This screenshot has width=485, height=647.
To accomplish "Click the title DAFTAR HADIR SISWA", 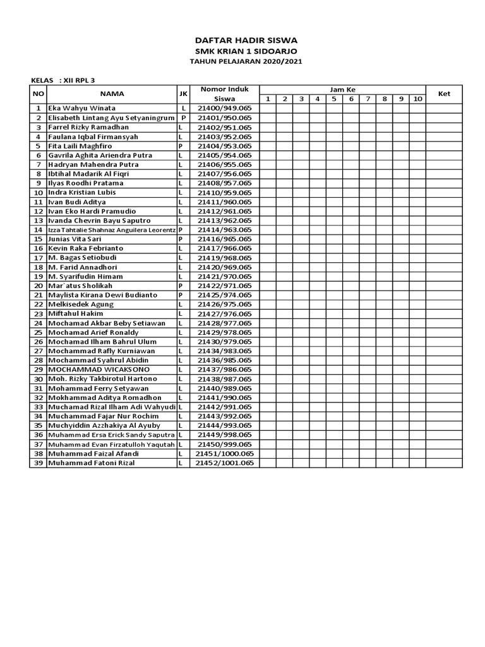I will (x=246, y=40).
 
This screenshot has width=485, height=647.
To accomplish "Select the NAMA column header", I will (x=111, y=94).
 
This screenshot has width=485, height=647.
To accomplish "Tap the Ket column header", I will (x=444, y=94).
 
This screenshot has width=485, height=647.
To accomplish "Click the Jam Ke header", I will (x=342, y=90).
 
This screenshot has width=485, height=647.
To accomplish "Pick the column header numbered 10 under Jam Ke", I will (x=417, y=99).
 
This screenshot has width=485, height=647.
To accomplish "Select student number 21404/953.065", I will (x=224, y=146).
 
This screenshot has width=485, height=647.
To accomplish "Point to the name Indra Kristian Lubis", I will (x=82, y=192).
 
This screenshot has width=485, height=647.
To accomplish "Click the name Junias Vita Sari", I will (x=75, y=239).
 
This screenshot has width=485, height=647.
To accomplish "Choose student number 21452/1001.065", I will (x=224, y=463).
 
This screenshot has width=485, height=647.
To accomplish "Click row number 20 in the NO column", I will (x=38, y=286).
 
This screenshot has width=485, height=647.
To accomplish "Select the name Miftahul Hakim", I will (x=76, y=313).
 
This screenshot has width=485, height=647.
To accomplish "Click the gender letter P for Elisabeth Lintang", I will (x=183, y=118).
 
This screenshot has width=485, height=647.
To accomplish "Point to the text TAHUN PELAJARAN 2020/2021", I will (x=246, y=61).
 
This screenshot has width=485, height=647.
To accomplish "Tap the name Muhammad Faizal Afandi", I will (x=92, y=454).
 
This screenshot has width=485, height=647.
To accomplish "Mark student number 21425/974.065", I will (x=224, y=295).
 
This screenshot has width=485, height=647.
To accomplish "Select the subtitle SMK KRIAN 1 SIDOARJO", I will (x=246, y=51).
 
